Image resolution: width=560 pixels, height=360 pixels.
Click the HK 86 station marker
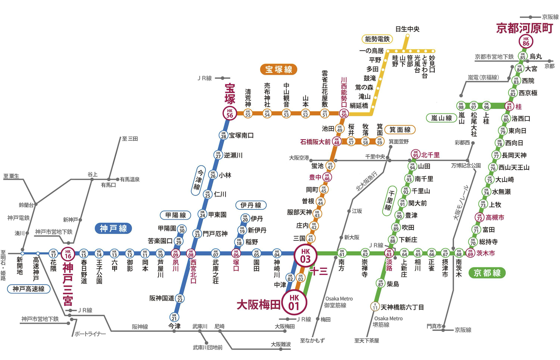(526, 42)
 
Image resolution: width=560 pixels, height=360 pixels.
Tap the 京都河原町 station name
(524, 28)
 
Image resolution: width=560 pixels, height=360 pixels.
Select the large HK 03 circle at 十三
(305, 256)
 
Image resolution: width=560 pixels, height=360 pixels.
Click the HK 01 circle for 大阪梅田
(294, 303)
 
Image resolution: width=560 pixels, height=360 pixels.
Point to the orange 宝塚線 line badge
(279, 69)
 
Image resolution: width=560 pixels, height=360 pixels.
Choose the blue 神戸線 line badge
(113, 229)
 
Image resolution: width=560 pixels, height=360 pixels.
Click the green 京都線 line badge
(487, 273)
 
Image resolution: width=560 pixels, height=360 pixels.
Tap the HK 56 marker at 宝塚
(230, 113)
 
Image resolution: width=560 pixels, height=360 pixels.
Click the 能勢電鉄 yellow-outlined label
(377, 39)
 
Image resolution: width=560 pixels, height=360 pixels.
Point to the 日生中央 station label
(407, 29)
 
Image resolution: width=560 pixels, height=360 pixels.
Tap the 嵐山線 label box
(441, 118)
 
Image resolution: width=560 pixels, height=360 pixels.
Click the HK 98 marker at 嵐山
(461, 105)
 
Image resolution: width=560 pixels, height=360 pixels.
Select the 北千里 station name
(430, 155)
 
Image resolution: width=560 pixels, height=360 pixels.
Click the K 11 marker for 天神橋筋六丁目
(375, 306)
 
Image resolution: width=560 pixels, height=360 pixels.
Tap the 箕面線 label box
(400, 130)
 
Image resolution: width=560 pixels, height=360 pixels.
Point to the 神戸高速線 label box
(29, 289)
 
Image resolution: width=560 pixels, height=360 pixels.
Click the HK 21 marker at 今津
(174, 317)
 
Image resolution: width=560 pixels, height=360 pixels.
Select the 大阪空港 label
(299, 158)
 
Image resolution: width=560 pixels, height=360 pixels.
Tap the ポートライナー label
(90, 334)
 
